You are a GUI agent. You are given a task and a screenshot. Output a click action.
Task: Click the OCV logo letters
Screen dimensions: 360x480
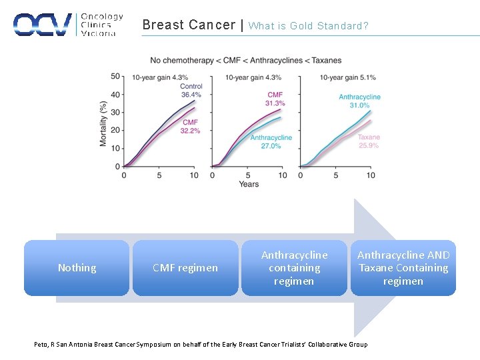(43, 25)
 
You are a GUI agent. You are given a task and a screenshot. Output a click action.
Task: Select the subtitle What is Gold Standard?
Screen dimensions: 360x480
(308, 26)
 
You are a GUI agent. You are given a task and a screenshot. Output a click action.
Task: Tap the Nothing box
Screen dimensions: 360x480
(77, 268)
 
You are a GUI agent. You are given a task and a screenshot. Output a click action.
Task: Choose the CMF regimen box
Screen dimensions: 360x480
(185, 268)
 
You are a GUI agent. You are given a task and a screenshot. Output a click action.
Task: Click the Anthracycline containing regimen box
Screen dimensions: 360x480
(294, 268)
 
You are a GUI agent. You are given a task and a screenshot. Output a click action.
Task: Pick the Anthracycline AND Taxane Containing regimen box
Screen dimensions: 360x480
(403, 268)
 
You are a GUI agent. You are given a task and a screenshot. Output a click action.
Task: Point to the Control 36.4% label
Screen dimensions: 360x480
(191, 91)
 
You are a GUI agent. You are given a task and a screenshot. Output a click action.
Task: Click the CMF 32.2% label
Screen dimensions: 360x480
(190, 127)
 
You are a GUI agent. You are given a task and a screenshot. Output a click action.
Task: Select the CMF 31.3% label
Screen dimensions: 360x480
(275, 99)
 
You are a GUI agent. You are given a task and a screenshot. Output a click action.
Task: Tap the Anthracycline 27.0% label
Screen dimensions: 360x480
(271, 141)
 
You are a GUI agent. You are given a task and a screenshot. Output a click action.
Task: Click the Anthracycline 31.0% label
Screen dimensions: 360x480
(359, 101)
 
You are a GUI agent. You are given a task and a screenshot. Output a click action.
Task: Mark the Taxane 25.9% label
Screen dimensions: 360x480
(369, 141)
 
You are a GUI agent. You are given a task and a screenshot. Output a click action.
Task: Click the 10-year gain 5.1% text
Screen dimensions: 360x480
(347, 77)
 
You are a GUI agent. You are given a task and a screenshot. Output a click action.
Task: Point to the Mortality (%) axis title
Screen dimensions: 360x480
(103, 124)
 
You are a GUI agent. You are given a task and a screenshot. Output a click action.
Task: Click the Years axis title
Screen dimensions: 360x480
(249, 184)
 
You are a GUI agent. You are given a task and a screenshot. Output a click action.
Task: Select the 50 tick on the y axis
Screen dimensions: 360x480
(115, 76)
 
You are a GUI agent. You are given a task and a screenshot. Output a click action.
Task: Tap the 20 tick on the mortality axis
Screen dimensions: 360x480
(115, 131)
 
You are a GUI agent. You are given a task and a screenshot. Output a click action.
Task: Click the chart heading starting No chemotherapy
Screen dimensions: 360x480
(245, 61)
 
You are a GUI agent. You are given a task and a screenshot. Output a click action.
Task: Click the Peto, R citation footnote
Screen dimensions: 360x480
(201, 344)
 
